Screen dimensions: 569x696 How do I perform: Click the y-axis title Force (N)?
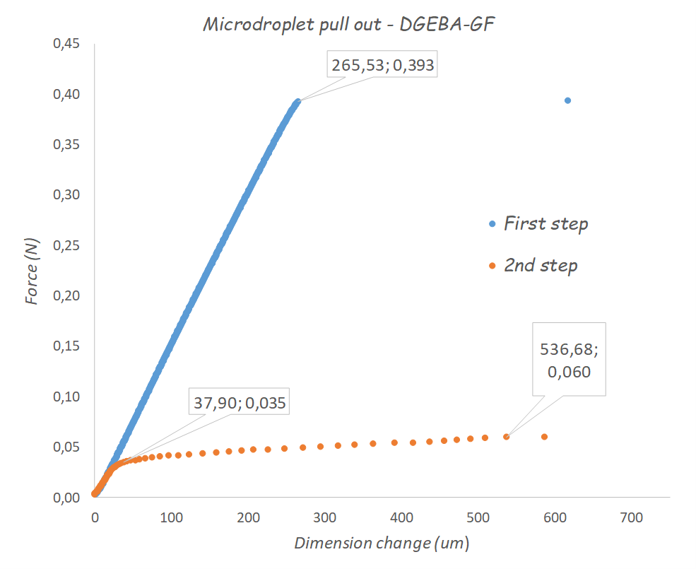tap(31, 271)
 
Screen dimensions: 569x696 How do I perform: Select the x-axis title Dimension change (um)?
tap(382, 543)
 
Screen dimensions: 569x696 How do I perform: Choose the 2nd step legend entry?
tap(540, 266)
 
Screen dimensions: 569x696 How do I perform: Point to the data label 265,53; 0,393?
tap(382, 65)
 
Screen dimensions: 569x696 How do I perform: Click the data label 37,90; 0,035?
tap(241, 403)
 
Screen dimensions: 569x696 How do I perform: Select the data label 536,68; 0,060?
tap(570, 360)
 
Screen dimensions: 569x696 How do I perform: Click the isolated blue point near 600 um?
tap(567, 100)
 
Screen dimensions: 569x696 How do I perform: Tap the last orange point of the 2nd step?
tap(544, 437)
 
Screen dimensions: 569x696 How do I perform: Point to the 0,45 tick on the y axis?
tap(66, 44)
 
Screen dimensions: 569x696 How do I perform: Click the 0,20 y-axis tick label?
tap(66, 296)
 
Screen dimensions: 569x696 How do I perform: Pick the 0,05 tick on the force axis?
tap(66, 447)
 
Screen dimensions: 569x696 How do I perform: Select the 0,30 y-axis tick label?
tap(66, 195)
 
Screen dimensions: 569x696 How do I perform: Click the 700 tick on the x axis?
tap(631, 518)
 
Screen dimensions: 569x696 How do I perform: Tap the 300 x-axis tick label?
tap(324, 518)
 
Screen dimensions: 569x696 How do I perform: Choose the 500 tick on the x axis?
tap(478, 518)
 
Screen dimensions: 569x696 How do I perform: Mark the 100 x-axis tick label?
tap(171, 518)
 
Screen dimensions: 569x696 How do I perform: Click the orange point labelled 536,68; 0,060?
tap(507, 437)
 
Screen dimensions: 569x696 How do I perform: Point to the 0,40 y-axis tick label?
tap(66, 95)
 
